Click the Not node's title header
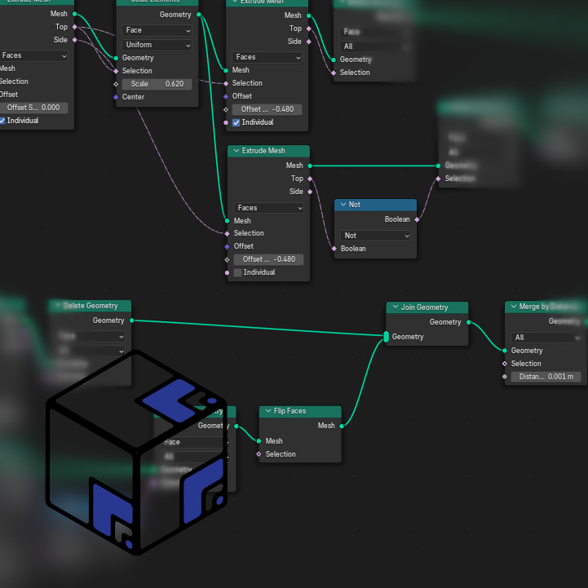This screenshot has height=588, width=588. coord(375,205)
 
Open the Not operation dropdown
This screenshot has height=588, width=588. coord(375,236)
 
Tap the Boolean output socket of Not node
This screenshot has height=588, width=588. coord(417,219)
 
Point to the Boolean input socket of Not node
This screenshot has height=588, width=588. coord(334,249)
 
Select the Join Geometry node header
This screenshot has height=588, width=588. coord(427,307)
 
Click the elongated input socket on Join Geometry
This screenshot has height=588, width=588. coord(387,337)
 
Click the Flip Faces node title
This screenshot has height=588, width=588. coord(299,411)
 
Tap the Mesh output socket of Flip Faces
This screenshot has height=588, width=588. coord(342,426)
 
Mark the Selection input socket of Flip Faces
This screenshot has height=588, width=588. coord(259,454)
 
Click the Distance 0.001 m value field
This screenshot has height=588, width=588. coord(546,377)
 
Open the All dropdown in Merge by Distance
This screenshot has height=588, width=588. coord(546,338)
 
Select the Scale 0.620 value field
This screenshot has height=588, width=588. coord(157,84)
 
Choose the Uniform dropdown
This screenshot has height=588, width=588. coord(157,45)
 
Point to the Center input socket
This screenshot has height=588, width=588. coord(116,97)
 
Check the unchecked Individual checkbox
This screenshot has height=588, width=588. coord(237,272)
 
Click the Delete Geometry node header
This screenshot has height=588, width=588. coord(90,306)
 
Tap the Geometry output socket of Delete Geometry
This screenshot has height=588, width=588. coord(131,321)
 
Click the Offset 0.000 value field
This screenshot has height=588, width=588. coord(33,108)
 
